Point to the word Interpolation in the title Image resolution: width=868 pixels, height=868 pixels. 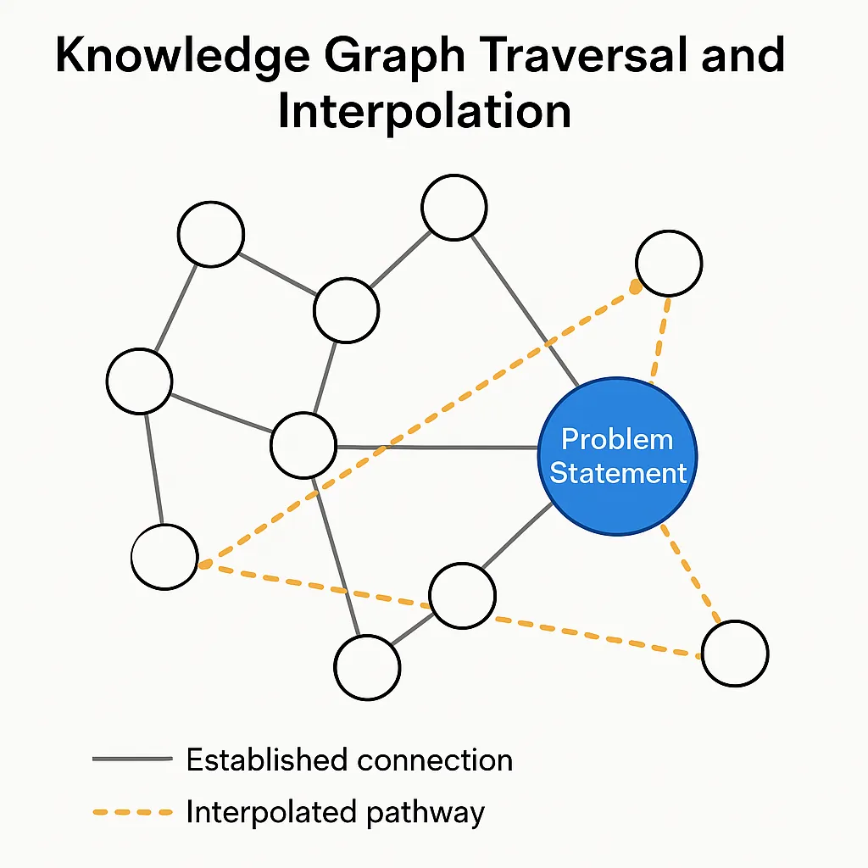(x=424, y=110)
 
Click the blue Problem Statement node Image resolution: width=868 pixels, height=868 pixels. (x=618, y=455)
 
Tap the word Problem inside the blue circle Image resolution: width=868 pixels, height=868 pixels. (x=617, y=439)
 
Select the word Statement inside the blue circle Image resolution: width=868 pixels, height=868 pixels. (x=618, y=472)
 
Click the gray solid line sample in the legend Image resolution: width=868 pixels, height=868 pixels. (x=131, y=759)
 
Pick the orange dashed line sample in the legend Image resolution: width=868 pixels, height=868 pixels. (x=131, y=813)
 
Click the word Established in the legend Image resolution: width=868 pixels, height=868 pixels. (x=267, y=759)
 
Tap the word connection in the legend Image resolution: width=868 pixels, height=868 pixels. (x=435, y=759)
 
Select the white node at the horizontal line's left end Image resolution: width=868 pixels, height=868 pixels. (x=303, y=445)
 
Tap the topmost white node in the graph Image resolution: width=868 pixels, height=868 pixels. (x=454, y=207)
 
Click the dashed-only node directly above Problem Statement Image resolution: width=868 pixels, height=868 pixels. (x=669, y=263)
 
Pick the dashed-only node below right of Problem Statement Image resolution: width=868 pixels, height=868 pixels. (x=735, y=654)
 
